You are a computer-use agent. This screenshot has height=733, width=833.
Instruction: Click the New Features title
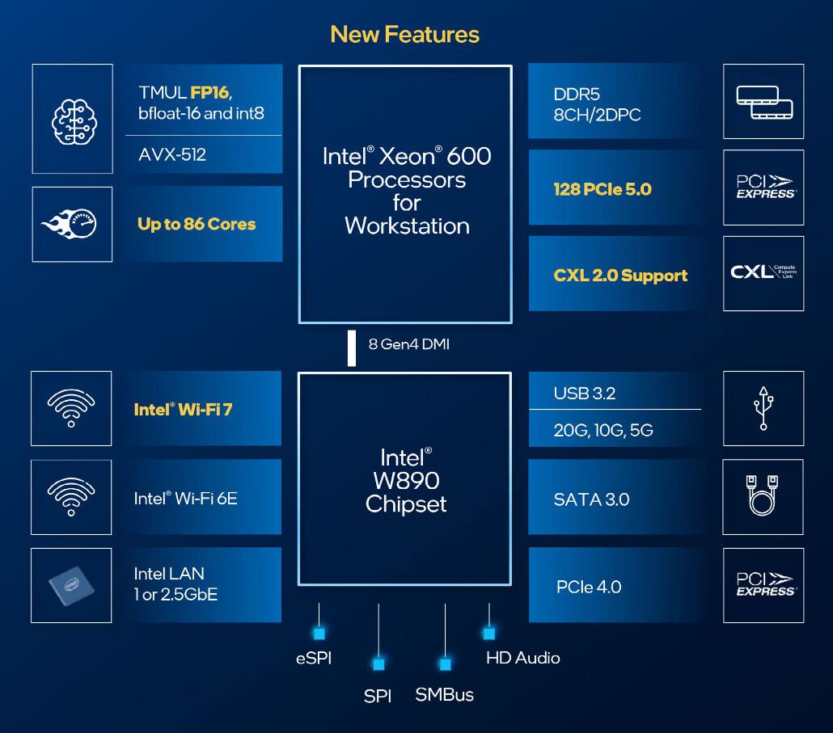tap(404, 34)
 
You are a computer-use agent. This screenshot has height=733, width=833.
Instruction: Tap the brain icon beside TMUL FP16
tap(72, 119)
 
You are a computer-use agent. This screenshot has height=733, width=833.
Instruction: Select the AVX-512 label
tap(172, 154)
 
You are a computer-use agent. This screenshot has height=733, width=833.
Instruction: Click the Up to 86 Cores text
tap(197, 224)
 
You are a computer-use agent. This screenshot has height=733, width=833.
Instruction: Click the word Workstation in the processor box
tap(406, 225)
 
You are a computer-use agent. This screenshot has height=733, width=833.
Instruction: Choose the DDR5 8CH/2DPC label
tap(597, 104)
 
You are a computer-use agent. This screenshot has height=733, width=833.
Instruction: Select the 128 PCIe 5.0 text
tap(603, 189)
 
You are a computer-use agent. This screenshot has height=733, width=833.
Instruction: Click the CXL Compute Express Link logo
tap(763, 273)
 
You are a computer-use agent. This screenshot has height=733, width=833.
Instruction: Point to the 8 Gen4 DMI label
tap(408, 344)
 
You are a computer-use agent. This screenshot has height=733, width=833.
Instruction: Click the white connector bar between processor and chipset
tap(352, 348)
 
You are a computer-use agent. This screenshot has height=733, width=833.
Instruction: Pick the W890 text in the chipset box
tap(406, 481)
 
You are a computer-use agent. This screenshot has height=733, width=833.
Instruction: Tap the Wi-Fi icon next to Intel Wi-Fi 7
tap(71, 408)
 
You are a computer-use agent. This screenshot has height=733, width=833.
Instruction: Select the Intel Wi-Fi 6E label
tap(185, 498)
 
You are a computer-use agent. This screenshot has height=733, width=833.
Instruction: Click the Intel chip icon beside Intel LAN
tap(71, 585)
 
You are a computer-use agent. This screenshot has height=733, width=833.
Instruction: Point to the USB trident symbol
tap(763, 408)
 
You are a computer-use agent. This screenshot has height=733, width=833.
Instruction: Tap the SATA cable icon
tap(763, 496)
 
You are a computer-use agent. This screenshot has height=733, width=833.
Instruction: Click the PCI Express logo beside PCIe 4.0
tap(763, 585)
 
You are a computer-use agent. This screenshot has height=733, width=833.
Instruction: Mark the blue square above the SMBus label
tap(445, 664)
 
